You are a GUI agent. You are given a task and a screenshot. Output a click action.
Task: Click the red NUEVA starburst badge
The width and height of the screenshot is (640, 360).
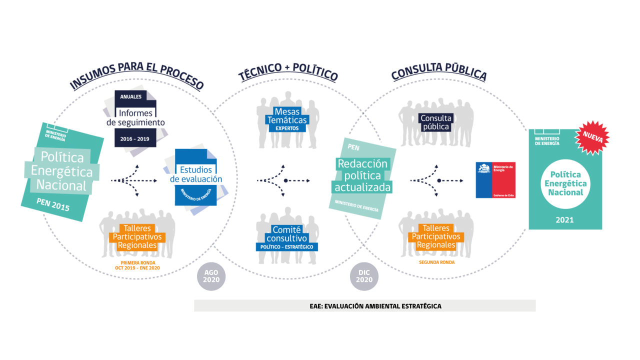point(592,137)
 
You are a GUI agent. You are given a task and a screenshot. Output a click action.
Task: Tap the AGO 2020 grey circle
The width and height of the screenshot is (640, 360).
point(211,276)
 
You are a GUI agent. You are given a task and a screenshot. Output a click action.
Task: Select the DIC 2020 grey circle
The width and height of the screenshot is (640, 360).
point(364,276)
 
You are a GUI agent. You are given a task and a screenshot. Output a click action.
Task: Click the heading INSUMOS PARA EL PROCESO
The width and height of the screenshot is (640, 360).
point(136,76)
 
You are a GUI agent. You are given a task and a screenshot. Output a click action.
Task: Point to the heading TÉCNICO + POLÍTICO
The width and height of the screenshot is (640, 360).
point(288,72)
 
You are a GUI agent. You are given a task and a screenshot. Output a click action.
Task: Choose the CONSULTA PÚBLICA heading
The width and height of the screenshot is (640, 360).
point(438,72)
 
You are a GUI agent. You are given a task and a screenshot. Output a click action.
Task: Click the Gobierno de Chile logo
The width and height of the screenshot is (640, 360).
point(495,180)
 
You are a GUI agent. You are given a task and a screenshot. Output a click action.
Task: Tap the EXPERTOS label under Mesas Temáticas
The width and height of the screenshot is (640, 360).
point(286,128)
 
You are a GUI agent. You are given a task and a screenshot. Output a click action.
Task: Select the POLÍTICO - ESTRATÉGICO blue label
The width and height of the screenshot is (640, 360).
point(286,247)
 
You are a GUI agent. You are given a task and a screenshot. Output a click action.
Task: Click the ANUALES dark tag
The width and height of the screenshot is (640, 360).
point(130,96)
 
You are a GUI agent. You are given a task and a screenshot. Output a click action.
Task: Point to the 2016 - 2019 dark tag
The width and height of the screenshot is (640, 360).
point(135,138)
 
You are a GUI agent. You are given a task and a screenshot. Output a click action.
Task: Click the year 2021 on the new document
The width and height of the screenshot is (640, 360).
point(564,219)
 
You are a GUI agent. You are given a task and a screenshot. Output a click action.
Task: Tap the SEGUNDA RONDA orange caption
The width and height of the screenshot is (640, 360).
point(436,262)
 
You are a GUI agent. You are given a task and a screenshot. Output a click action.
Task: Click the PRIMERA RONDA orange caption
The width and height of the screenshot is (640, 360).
point(137,265)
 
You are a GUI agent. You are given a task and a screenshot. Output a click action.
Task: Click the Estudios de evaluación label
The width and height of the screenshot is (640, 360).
point(196,174)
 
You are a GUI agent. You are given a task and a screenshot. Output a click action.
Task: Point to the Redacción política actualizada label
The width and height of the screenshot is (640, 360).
point(361,175)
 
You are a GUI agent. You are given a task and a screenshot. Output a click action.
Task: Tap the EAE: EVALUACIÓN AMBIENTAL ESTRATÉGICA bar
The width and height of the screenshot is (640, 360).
point(364,306)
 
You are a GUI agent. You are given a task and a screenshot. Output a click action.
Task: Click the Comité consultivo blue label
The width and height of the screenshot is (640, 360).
point(286,234)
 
